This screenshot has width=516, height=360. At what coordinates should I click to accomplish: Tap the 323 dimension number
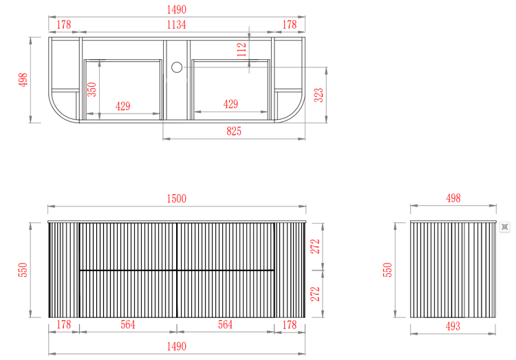[319, 95]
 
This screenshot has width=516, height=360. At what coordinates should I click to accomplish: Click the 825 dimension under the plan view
[234, 131]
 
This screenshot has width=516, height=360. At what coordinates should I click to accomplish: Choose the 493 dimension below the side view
[452, 326]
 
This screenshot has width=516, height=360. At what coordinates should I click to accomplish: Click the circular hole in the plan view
[176, 67]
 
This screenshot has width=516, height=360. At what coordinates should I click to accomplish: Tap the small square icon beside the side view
[504, 226]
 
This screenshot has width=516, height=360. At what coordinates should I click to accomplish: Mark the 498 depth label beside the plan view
[23, 80]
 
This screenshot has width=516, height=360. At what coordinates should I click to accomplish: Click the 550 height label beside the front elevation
[23, 270]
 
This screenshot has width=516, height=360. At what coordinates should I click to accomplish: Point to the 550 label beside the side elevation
[387, 270]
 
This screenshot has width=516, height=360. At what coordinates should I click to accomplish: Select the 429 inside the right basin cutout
[231, 105]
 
